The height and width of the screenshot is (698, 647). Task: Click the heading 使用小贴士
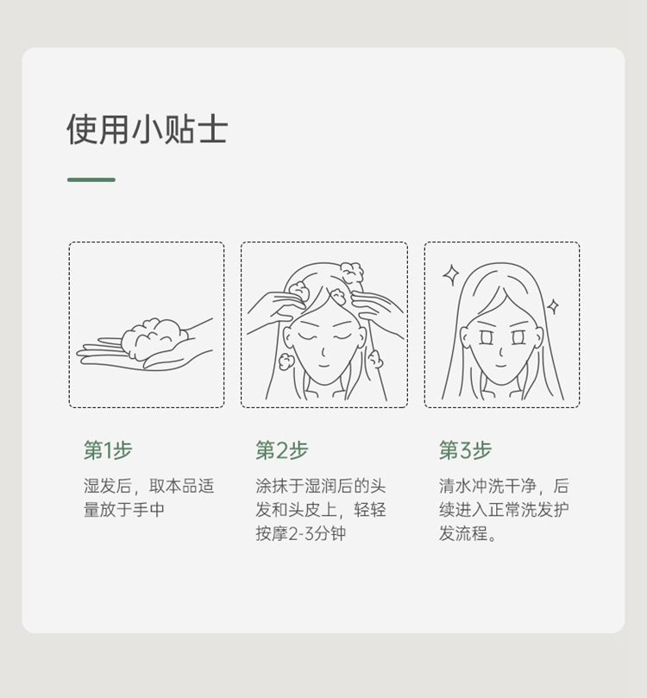click(x=148, y=129)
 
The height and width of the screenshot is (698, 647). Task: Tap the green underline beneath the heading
click(x=91, y=179)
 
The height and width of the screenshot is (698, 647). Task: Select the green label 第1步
click(x=108, y=450)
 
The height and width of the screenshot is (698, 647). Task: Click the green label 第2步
click(x=282, y=450)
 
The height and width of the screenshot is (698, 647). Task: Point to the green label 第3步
click(x=465, y=450)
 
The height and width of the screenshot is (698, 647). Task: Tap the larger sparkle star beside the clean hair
click(x=451, y=275)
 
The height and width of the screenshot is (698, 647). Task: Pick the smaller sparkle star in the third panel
click(x=553, y=306)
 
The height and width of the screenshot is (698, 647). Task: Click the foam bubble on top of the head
click(x=352, y=273)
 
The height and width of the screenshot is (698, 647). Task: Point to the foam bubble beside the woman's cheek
click(x=285, y=362)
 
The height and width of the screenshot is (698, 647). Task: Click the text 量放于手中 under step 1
click(x=124, y=510)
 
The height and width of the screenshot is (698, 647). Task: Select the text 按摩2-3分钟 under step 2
click(x=300, y=533)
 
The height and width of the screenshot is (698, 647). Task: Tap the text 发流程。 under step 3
click(x=468, y=533)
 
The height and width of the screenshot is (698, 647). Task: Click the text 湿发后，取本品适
click(x=148, y=486)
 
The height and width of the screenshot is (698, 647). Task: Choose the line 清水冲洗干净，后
click(x=504, y=486)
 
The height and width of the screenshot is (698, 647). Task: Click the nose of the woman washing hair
click(x=323, y=352)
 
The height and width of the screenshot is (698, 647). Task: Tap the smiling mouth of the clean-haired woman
click(x=501, y=367)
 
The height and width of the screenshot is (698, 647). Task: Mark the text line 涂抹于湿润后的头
click(x=320, y=486)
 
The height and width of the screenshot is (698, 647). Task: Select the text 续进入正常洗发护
click(x=504, y=510)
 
